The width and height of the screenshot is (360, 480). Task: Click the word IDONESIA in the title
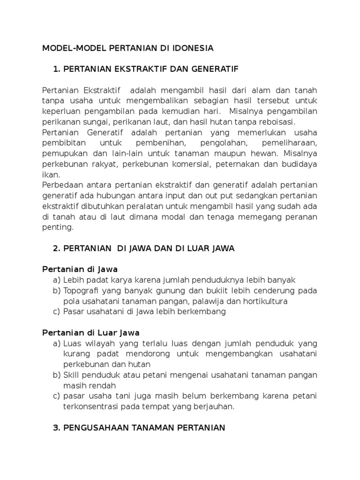193,48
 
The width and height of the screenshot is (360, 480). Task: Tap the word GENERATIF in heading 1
216,69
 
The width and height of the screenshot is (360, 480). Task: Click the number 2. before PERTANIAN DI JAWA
57,248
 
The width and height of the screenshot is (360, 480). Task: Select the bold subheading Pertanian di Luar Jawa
91,333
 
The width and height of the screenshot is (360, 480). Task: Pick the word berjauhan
213,406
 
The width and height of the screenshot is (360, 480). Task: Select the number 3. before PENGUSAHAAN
57,427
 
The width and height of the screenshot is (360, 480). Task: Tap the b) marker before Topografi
57,290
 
